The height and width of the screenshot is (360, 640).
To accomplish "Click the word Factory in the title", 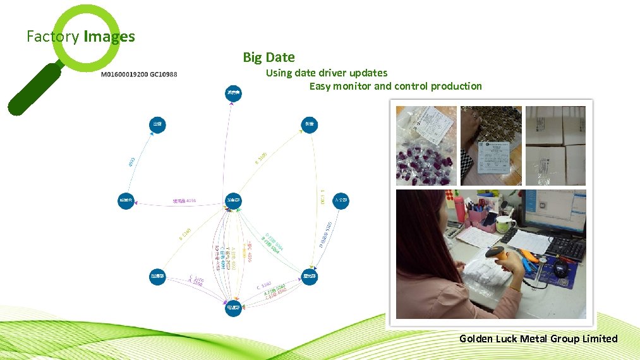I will tap(53, 37).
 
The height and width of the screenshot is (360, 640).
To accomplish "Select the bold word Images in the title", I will tap(109, 37).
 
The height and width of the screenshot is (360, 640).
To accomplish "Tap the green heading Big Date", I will tap(269, 57).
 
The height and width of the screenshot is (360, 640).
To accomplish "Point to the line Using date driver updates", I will tap(326, 73).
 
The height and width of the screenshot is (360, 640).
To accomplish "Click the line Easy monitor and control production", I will tap(395, 87).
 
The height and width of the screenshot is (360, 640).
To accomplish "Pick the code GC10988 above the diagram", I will tap(164, 75).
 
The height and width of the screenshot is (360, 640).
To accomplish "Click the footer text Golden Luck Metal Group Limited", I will tap(538, 339).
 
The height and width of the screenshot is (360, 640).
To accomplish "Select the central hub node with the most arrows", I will tap(233, 200).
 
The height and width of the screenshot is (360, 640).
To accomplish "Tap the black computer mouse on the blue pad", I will tap(560, 268).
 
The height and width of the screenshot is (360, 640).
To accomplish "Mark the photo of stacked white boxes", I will tap(556, 145).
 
